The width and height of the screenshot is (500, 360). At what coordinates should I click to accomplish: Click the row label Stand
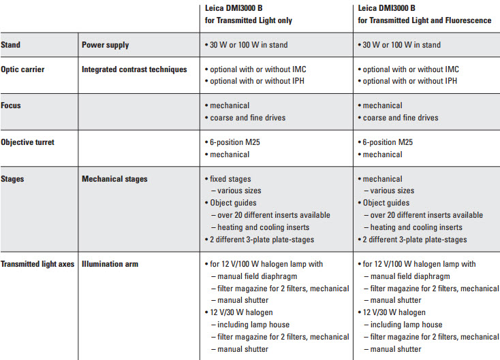[x=11, y=45]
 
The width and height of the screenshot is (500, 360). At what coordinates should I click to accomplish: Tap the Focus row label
[x=12, y=105]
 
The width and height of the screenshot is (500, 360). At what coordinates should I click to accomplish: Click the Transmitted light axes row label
[x=38, y=264]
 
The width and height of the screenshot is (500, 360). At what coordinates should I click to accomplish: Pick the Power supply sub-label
[x=105, y=45]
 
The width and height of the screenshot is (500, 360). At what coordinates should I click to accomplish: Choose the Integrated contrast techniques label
[x=134, y=69]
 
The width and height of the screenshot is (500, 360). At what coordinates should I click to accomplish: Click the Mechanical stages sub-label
[x=114, y=179]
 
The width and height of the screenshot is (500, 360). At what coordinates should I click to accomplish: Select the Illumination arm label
[x=110, y=264]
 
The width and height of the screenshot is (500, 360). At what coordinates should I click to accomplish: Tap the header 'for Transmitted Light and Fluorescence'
[x=424, y=20]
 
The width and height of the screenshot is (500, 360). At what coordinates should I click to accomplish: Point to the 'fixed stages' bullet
[x=230, y=179]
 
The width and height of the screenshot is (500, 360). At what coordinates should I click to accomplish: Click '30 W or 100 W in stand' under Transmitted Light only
[x=249, y=45]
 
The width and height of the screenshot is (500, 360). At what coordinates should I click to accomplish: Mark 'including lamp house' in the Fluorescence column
[x=406, y=325]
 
